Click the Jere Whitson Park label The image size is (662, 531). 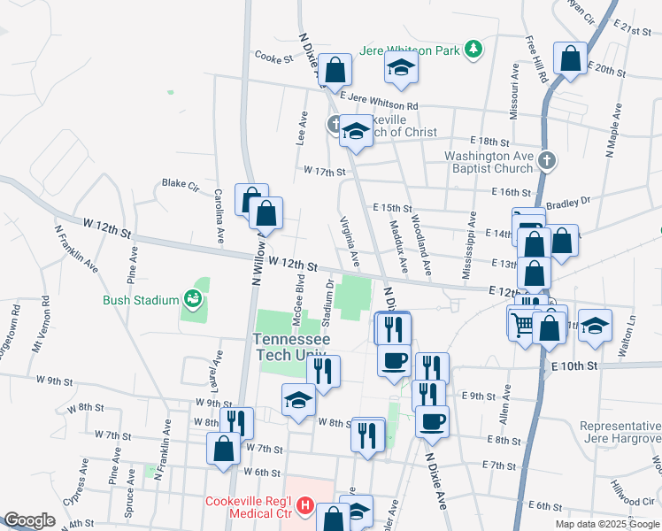point(409,50)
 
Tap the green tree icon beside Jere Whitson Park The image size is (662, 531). point(474,49)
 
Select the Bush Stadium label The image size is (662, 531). point(140,300)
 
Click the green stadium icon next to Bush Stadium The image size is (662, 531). point(191,300)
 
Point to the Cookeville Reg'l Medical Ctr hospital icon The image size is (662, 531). point(304,507)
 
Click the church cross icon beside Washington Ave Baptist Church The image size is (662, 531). point(547,160)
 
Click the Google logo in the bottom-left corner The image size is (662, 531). point(29,520)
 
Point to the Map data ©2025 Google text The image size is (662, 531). point(607,524)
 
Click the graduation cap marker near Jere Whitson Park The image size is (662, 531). point(401,69)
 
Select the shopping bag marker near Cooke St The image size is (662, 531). point(335,70)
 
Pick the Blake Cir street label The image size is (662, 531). point(180,184)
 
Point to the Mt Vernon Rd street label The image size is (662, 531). point(38,330)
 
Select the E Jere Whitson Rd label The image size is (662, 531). point(379,104)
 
